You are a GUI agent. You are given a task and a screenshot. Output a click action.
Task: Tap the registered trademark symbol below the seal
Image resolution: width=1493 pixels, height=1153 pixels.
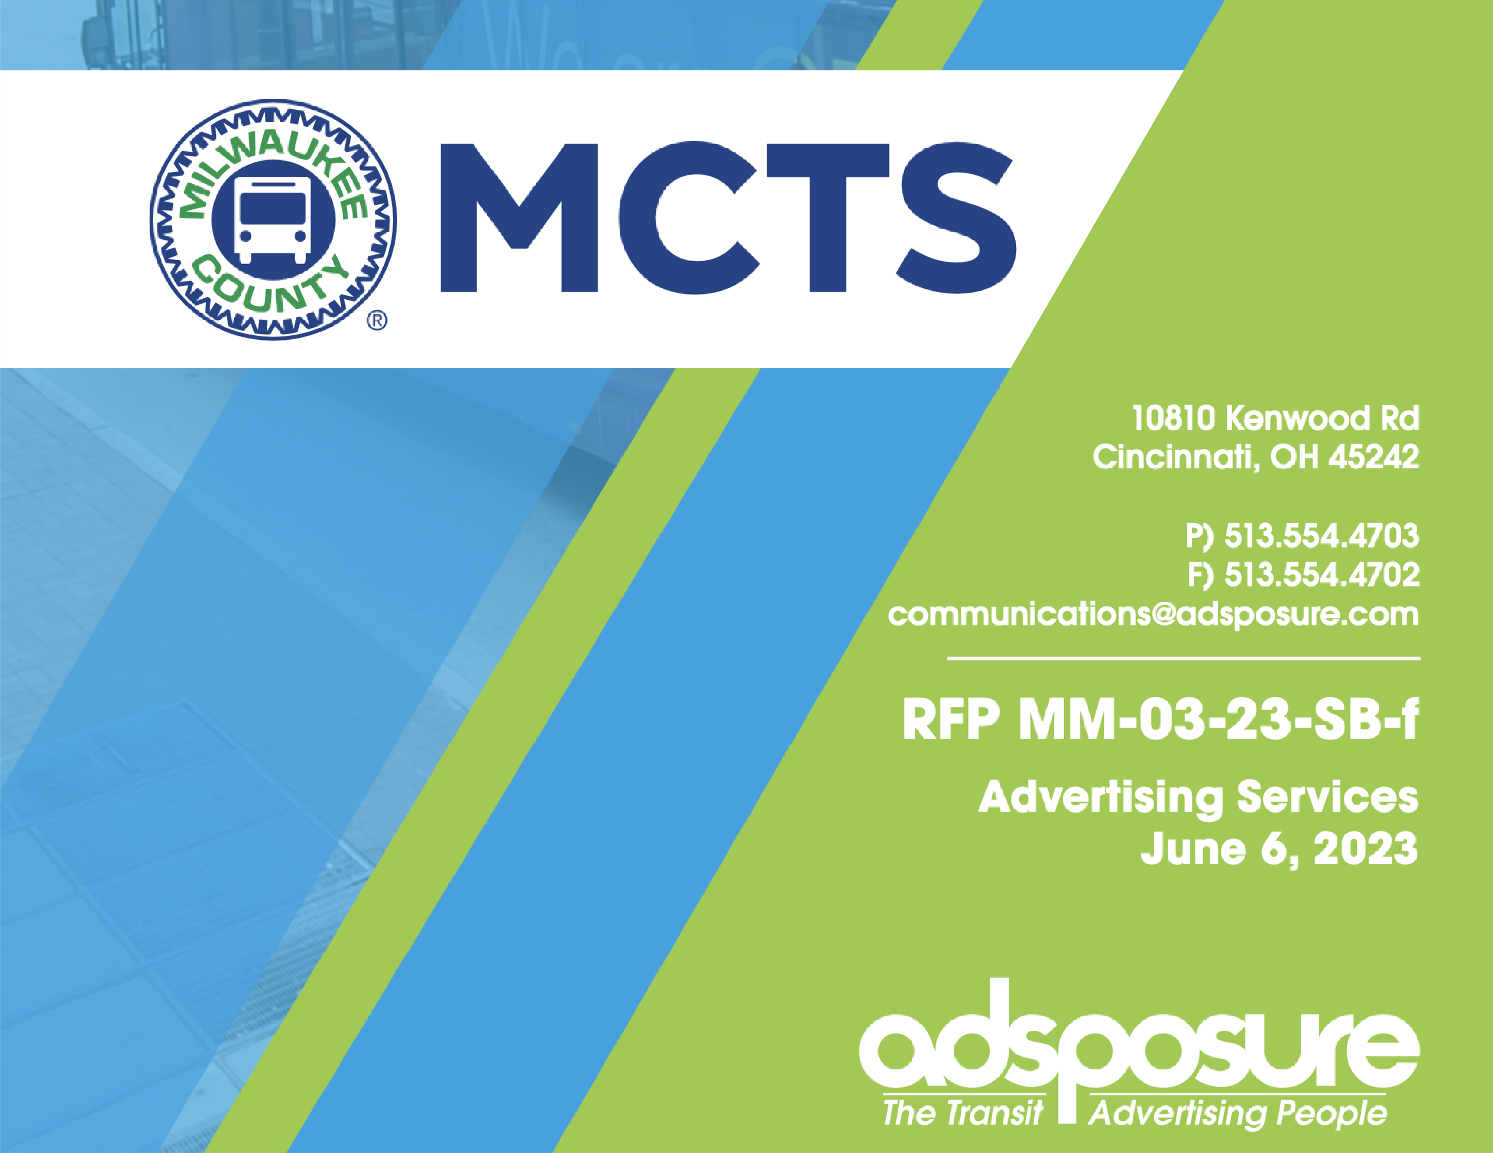pos(377,320)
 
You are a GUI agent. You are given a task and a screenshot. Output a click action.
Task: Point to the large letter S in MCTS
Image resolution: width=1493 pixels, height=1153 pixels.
pos(956,217)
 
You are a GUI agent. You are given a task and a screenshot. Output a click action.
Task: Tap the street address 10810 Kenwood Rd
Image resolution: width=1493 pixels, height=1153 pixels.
pos(1275,418)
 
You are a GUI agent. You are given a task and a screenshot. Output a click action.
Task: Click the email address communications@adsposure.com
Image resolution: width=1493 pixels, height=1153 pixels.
pos(1153,615)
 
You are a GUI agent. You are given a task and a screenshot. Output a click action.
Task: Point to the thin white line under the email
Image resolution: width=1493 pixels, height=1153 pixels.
pos(1183,658)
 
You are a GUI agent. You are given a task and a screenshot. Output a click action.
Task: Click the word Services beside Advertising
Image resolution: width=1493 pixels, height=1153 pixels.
pos(1328,797)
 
